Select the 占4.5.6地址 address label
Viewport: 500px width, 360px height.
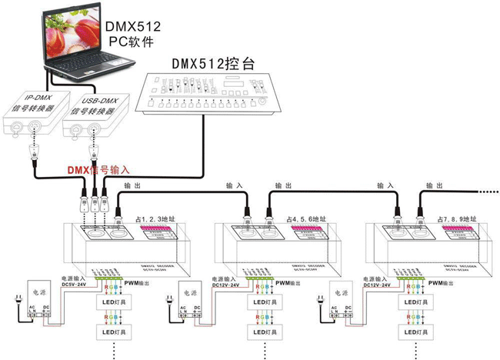click(x=307, y=219)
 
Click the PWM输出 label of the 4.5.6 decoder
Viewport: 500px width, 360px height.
click(x=288, y=283)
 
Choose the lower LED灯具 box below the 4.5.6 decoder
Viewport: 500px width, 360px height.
click(x=264, y=332)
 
